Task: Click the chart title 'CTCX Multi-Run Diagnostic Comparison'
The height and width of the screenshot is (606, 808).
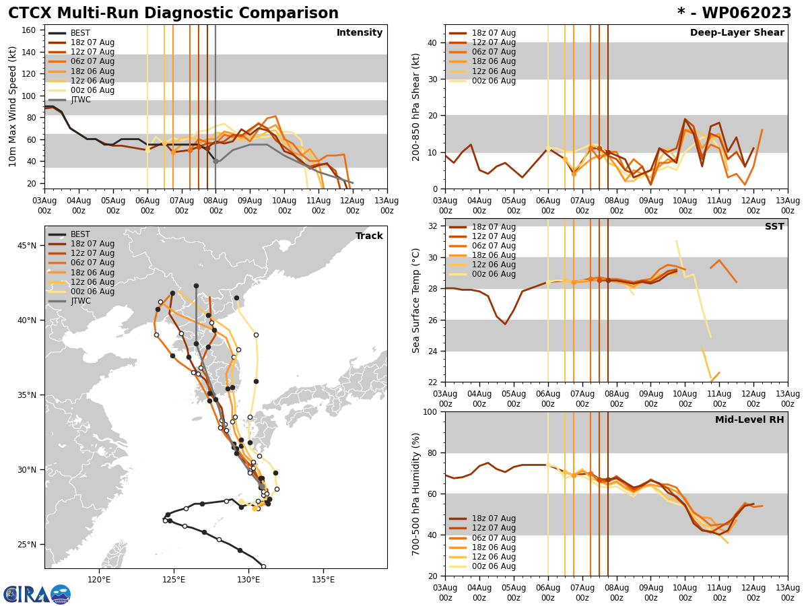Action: click(x=173, y=13)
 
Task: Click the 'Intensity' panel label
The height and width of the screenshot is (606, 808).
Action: click(x=360, y=33)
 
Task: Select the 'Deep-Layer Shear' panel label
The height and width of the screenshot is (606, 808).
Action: click(x=737, y=33)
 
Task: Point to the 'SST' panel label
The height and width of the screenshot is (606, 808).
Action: click(x=774, y=227)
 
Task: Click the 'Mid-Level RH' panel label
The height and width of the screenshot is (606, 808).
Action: click(x=749, y=420)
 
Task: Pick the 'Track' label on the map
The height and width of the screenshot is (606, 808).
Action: click(x=369, y=236)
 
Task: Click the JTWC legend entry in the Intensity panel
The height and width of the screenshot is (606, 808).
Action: click(x=80, y=100)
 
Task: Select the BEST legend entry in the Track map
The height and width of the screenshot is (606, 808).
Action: click(x=80, y=234)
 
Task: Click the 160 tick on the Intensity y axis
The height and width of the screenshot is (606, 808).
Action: click(x=30, y=30)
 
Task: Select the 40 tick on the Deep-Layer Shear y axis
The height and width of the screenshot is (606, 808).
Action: click(x=432, y=42)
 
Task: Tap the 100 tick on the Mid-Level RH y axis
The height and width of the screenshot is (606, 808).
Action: click(x=429, y=411)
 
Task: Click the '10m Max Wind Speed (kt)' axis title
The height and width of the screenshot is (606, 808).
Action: click(x=13, y=106)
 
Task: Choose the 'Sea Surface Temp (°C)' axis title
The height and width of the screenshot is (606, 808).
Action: click(x=417, y=300)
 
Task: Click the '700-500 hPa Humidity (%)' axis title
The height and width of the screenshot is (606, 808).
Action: click(x=417, y=494)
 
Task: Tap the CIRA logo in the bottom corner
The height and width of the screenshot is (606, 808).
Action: click(x=37, y=594)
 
